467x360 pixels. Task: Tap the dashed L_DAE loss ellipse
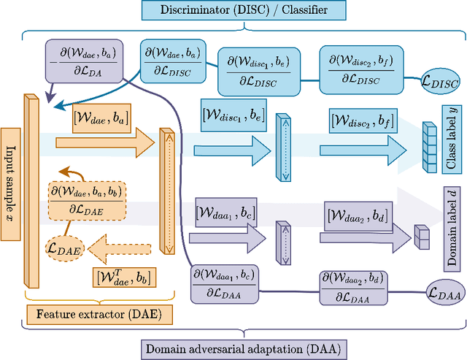64,250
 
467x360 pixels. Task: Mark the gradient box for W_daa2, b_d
353,287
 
